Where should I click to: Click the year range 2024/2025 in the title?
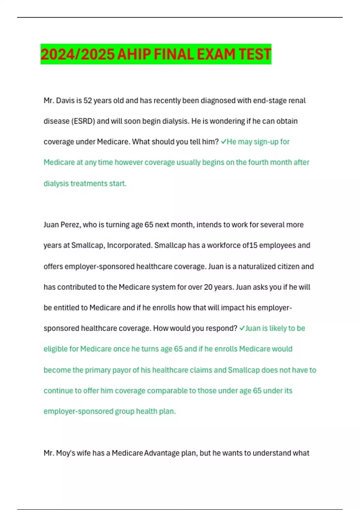(x=78, y=54)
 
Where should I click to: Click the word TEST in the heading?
(x=255, y=54)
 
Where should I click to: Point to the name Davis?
(x=65, y=100)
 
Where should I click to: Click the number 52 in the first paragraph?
(x=88, y=100)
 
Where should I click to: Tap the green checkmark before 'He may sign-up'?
(x=223, y=142)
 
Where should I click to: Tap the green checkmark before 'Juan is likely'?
(x=242, y=328)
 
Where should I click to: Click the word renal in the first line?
(x=297, y=100)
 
